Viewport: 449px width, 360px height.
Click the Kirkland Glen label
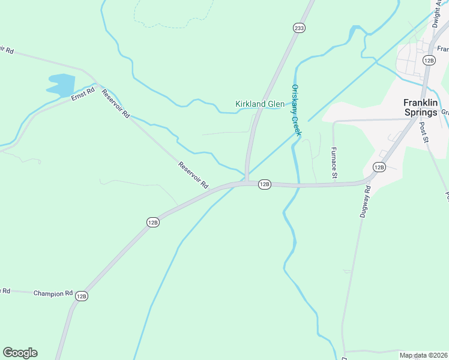259,104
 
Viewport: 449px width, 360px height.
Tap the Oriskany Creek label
295,110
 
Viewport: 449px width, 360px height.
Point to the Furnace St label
334,163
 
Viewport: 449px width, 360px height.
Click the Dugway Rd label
367,201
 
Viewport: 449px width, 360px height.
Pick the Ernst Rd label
83,95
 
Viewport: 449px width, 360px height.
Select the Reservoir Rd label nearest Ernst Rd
116,104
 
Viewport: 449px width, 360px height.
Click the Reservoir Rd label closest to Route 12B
193,175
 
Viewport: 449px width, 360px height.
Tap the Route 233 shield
299,28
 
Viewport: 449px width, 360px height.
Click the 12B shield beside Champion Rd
82,296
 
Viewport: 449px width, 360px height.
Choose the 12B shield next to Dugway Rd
379,167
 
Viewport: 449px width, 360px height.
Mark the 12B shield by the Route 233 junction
265,184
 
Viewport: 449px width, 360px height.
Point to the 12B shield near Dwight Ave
428,60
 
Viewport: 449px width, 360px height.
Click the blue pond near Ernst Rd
61,85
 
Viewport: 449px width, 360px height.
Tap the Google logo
20,353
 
